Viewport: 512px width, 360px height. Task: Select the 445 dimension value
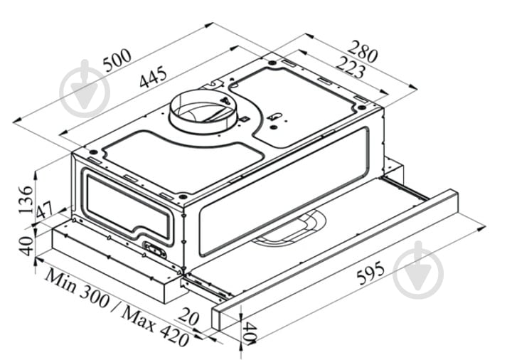pyautogui.click(x=152, y=78)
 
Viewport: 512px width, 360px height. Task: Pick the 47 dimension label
pyautogui.click(x=44, y=211)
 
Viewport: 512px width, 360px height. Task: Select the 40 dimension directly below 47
pyautogui.click(x=25, y=245)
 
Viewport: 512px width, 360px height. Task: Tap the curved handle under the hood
pyautogui.click(x=287, y=232)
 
